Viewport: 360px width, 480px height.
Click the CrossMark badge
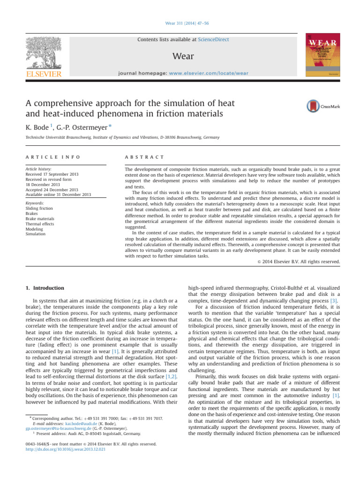click(x=323, y=106)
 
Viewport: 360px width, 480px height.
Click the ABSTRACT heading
click(x=141, y=157)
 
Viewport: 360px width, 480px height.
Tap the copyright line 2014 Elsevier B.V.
click(x=301, y=261)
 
